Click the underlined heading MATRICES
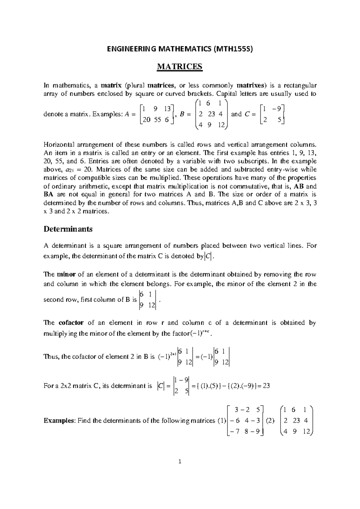click(x=180, y=66)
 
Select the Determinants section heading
click(x=68, y=229)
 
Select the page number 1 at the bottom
click(x=180, y=470)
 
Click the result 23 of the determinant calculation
click(x=266, y=386)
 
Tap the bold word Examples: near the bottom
click(x=60, y=420)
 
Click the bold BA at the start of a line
click(x=48, y=194)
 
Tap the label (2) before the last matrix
click(x=270, y=420)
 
